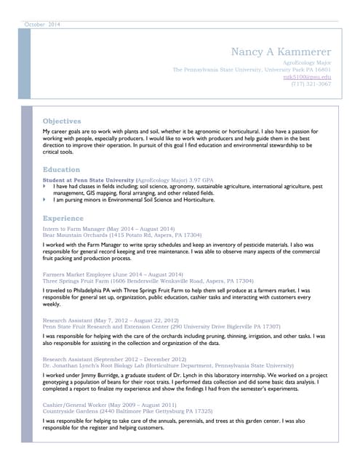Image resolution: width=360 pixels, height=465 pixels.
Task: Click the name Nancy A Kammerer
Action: coord(281,52)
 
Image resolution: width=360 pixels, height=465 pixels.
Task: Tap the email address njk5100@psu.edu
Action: coord(307,76)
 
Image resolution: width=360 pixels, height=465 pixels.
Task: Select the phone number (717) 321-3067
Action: coord(311,84)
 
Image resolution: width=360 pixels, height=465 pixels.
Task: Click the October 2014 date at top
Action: coord(43,25)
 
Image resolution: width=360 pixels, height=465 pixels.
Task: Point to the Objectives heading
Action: coord(62,121)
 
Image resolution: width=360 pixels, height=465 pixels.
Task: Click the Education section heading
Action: coord(61,169)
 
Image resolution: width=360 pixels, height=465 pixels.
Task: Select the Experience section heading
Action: coord(63,218)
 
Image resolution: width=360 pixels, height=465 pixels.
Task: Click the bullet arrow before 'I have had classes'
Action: coord(45,186)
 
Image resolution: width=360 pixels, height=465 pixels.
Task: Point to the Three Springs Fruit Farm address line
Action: coord(148,280)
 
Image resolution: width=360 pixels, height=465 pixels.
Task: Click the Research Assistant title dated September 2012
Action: coord(114,359)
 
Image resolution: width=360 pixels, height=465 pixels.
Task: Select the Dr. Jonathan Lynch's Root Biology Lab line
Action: coord(168,365)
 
